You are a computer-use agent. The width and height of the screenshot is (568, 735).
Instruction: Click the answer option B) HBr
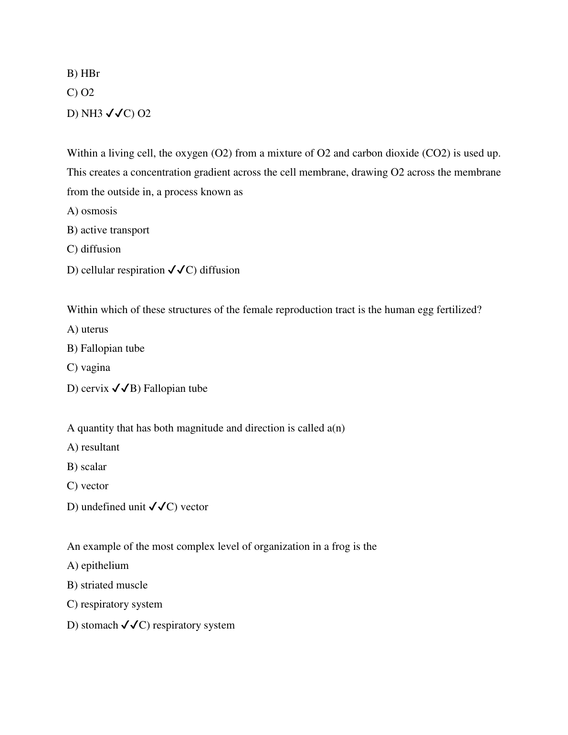(x=83, y=73)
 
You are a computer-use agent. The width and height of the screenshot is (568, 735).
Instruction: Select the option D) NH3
(x=84, y=114)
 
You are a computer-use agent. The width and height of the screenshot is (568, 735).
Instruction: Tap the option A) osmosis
(x=92, y=211)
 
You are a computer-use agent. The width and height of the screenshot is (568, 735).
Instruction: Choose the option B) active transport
(x=108, y=230)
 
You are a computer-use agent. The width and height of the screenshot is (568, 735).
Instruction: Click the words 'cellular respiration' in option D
(x=123, y=270)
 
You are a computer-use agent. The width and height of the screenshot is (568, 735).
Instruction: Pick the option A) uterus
(x=87, y=329)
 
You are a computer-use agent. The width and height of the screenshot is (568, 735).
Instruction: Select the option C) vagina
(x=88, y=367)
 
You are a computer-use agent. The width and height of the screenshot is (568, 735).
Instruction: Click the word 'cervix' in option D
(x=95, y=388)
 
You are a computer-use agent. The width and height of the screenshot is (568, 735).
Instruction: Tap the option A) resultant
(x=93, y=447)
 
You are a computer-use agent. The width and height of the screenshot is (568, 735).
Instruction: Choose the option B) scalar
(x=86, y=467)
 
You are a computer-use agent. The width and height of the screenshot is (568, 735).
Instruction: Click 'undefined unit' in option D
(x=113, y=507)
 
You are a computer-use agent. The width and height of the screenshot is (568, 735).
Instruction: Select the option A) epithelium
(x=98, y=566)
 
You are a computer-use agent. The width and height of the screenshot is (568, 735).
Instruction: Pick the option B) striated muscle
(x=107, y=585)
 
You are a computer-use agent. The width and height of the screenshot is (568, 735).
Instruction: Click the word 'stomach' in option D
(x=99, y=625)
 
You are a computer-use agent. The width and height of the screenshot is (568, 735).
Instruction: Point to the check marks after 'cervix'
(x=121, y=388)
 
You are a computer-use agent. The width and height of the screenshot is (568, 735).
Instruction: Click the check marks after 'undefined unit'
(x=158, y=507)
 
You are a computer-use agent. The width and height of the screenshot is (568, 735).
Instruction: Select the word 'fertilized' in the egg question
(x=459, y=310)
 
